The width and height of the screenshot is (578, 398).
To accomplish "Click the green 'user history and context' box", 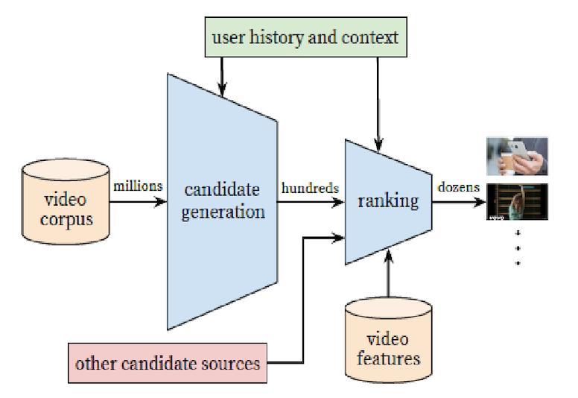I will (x=306, y=37).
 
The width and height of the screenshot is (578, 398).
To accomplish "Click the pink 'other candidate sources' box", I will (x=167, y=364).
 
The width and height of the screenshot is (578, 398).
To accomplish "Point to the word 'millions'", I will (x=138, y=186).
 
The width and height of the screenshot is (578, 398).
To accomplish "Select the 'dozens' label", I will (x=459, y=187).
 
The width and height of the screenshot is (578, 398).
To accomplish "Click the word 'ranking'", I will (x=387, y=200).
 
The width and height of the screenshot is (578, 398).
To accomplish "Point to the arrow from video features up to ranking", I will (x=388, y=276).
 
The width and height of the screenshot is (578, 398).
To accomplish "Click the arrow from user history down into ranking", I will (x=379, y=104).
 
